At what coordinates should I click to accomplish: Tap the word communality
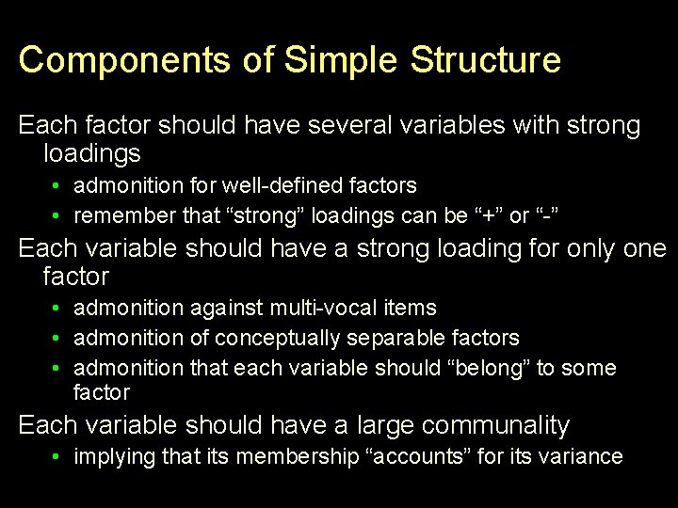495,425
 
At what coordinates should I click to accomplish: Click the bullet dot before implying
58,457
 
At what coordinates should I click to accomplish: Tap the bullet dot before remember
58,215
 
